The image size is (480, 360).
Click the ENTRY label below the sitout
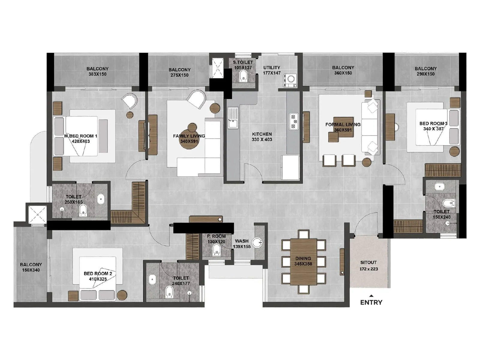[371, 302]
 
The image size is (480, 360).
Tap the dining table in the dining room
[303, 262]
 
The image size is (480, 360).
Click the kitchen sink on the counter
[233, 118]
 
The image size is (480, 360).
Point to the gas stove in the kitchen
[294, 121]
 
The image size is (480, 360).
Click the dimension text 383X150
[97, 74]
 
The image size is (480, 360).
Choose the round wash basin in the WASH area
[257, 242]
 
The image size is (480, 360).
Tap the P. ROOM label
[216, 236]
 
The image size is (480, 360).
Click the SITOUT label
[368, 262]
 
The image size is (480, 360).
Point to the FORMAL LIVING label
[343, 124]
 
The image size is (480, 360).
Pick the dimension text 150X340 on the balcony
[31, 270]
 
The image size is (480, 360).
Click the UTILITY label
[271, 67]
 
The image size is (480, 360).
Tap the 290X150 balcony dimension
[425, 74]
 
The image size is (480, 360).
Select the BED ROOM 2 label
[98, 274]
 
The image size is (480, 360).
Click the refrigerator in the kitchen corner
[290, 167]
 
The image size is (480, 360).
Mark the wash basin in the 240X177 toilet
[152, 279]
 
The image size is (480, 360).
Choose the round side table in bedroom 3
[454, 151]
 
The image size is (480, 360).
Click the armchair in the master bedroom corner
[130, 100]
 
